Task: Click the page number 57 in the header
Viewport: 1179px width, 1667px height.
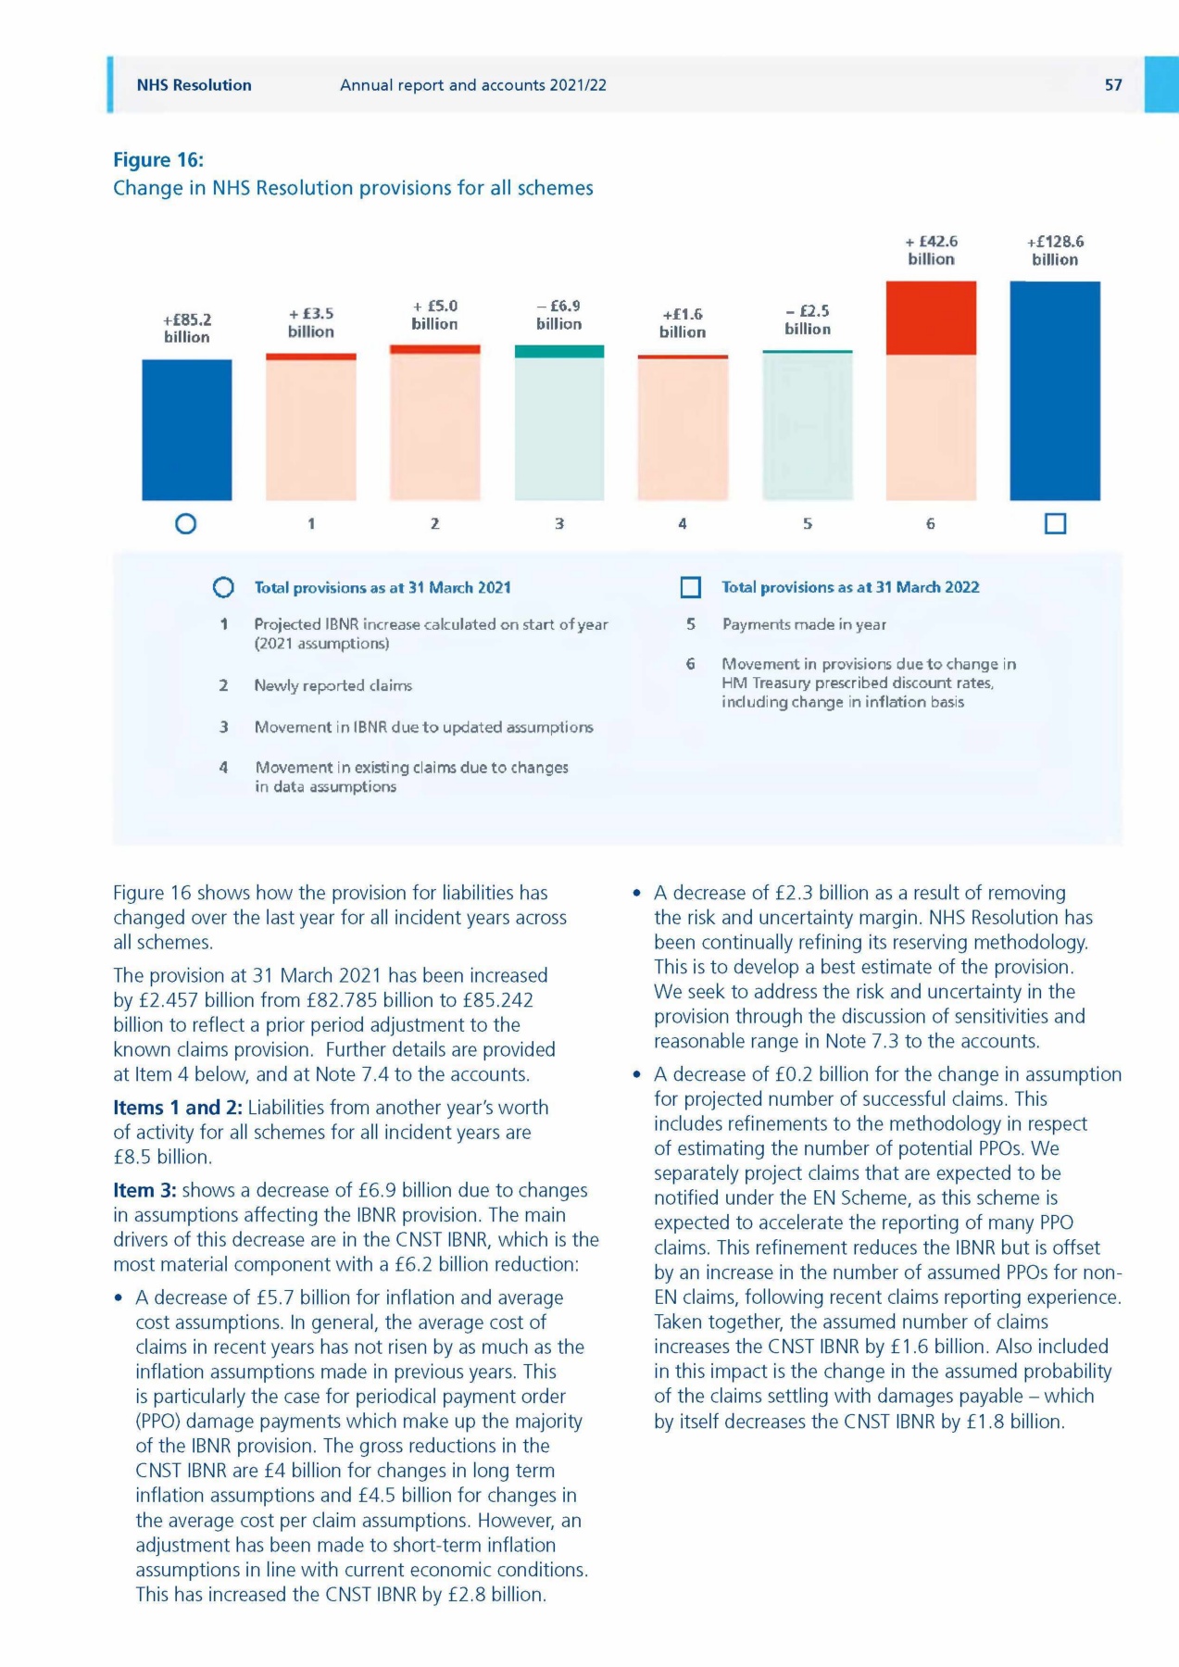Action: click(x=1112, y=85)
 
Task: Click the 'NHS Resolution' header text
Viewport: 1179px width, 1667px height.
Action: click(x=194, y=85)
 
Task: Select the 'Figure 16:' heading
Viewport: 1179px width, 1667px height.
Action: click(x=158, y=160)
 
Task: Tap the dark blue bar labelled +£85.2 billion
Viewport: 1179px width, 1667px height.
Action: click(x=186, y=430)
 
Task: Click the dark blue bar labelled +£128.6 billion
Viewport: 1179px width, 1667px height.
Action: click(x=1055, y=391)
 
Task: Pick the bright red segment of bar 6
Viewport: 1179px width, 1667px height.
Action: click(x=931, y=318)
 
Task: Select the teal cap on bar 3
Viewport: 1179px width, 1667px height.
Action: click(x=559, y=352)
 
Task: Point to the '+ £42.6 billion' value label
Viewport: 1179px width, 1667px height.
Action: click(x=931, y=250)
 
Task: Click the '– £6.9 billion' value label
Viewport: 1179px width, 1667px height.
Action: click(x=559, y=315)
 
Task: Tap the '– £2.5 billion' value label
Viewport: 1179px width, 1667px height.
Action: click(x=807, y=320)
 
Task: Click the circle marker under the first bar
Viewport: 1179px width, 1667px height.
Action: click(x=186, y=524)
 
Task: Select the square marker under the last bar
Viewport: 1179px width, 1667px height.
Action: click(x=1055, y=524)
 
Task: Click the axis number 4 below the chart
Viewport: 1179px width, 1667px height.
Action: click(x=683, y=524)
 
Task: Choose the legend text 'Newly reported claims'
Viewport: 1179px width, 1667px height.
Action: click(x=333, y=685)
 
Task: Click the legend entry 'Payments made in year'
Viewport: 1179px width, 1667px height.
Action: click(x=804, y=624)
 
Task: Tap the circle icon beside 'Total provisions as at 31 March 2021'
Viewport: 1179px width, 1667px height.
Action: click(x=223, y=588)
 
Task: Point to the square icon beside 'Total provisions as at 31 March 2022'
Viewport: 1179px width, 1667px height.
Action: click(x=690, y=588)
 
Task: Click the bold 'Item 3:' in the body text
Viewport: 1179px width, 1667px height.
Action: click(x=144, y=1190)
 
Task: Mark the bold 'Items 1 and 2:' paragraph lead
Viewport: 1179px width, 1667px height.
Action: click(x=177, y=1108)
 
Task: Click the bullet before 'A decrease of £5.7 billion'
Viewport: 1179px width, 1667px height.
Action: click(x=119, y=1298)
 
